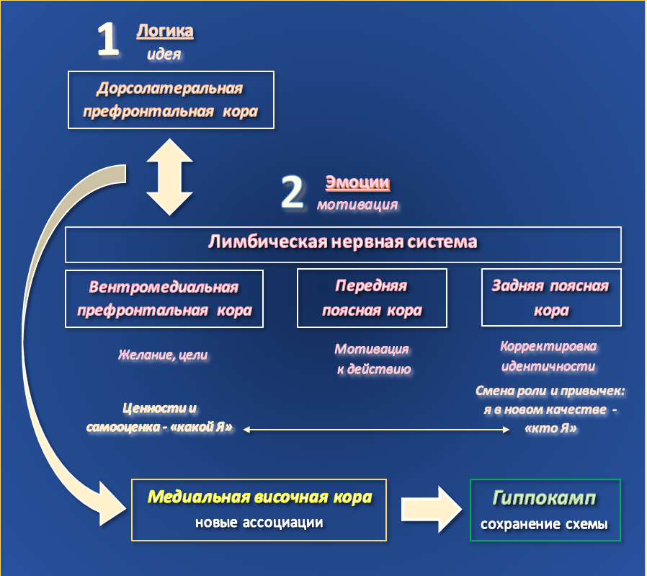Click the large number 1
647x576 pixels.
point(108,40)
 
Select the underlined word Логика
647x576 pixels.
point(165,32)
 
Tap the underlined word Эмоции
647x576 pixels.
point(357,183)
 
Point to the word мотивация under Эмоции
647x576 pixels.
point(357,205)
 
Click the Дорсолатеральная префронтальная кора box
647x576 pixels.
point(171,100)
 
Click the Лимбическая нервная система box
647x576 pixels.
point(343,244)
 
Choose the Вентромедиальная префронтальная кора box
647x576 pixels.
point(164,298)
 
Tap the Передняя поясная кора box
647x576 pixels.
point(372,298)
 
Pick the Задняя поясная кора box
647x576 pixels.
point(550,298)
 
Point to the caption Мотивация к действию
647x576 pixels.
point(372,359)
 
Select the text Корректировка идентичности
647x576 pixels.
point(548,356)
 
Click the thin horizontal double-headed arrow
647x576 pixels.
point(375,430)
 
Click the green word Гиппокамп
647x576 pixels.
point(545,498)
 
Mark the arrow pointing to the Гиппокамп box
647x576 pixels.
point(432,509)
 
